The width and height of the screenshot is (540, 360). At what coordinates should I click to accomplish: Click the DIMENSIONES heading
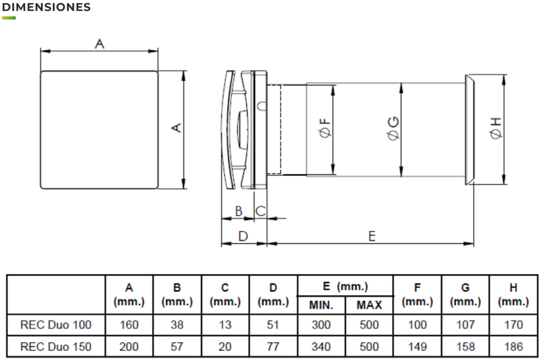[x=46, y=7]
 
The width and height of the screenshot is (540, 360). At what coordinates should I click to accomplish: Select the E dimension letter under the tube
[x=372, y=236]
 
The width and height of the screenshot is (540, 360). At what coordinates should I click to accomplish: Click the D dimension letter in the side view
[x=243, y=236]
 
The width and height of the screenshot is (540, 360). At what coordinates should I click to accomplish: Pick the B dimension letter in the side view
[x=238, y=211]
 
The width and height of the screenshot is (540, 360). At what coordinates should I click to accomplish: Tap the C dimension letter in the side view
[x=261, y=211]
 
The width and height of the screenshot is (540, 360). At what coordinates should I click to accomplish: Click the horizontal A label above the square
[x=100, y=44]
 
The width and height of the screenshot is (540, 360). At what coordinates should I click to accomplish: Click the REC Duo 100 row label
[x=56, y=325]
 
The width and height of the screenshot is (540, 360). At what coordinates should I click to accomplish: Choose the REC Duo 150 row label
[x=56, y=346]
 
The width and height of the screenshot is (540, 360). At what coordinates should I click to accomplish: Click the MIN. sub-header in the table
[x=321, y=305]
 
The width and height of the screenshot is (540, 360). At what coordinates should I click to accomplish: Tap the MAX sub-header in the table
[x=369, y=305]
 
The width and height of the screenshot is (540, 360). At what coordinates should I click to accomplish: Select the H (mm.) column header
[x=513, y=295]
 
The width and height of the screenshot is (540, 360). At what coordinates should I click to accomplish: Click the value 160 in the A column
[x=129, y=325]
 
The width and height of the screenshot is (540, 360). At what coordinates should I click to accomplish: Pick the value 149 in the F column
[x=417, y=346]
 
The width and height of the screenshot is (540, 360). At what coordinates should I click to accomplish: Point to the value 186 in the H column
[x=513, y=346]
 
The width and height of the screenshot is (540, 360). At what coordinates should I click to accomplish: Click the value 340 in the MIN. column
[x=321, y=346]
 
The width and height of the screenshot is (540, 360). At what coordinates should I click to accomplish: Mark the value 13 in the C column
[x=225, y=325]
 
